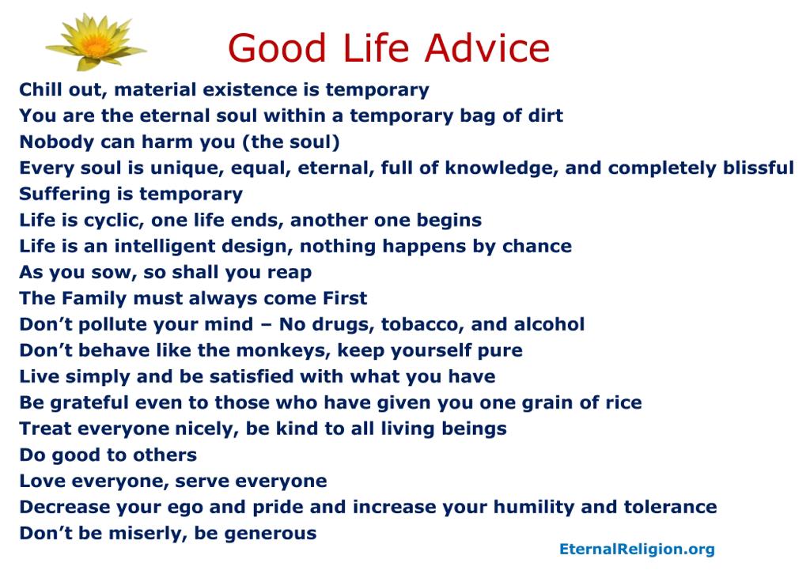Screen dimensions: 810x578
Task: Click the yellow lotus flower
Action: click(x=96, y=43)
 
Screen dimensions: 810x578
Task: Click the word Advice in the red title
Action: click(x=487, y=48)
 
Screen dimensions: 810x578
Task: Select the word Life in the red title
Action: click(x=376, y=48)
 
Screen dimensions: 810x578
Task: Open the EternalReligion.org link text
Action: click(x=637, y=549)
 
